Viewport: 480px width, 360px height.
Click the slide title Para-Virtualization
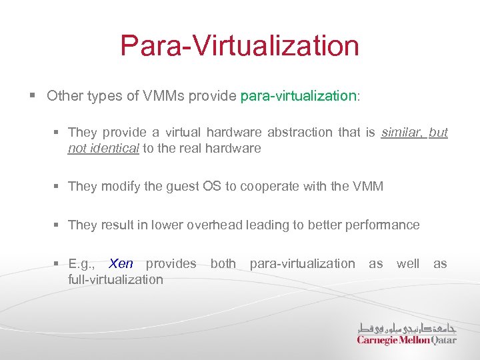[x=239, y=46]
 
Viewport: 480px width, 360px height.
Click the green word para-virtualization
[x=298, y=96]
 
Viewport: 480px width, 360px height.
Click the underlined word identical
[x=114, y=148]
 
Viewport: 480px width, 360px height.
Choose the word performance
[x=382, y=225]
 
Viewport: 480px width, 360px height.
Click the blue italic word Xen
[x=121, y=263]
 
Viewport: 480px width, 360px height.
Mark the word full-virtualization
[x=115, y=279]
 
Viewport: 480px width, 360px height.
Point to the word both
[x=223, y=263]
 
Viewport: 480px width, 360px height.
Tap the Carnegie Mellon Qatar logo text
[x=407, y=340]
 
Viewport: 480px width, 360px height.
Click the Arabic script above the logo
[x=407, y=327]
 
